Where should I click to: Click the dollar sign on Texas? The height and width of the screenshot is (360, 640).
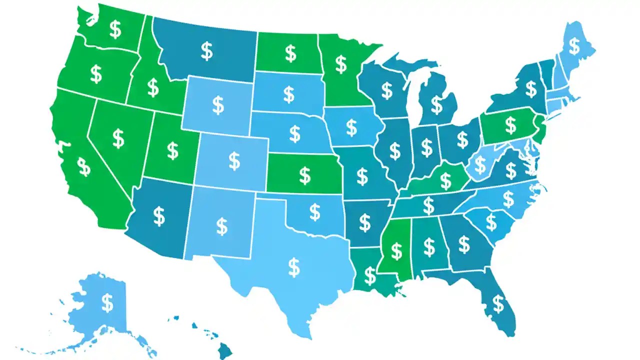click(294, 267)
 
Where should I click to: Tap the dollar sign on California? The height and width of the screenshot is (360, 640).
click(84, 167)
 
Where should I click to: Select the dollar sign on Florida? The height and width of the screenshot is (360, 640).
click(498, 303)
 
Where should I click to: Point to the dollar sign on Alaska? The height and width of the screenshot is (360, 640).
click(107, 302)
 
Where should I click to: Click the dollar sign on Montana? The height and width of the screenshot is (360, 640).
click(206, 51)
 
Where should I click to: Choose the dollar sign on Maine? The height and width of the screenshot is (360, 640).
click(574, 46)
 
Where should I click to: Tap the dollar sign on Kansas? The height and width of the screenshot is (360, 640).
click(304, 175)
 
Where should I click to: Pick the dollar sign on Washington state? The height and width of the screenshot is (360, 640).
click(115, 29)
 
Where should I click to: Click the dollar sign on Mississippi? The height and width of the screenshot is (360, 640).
click(396, 250)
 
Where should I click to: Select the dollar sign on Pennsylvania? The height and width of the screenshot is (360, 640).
click(510, 125)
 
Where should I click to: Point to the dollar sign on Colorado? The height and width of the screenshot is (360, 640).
click(234, 160)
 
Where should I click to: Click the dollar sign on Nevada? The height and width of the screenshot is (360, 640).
click(118, 138)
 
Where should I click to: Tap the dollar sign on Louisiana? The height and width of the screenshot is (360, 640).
click(369, 275)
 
